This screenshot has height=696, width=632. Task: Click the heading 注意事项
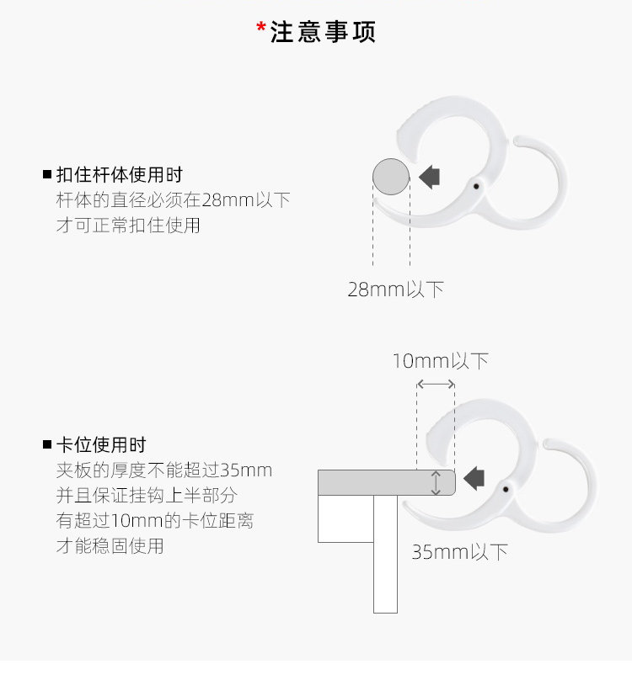coord(323,32)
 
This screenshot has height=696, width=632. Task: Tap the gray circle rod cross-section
coord(391,176)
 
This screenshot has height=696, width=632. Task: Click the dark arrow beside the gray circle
coord(430,176)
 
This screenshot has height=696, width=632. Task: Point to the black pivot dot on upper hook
coord(476,185)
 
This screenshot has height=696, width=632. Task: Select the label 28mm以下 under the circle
coord(395,290)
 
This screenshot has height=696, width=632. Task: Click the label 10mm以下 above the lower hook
coord(440,361)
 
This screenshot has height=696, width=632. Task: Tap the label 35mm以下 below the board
coord(460,552)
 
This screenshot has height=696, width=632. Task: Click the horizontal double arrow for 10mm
coord(436,384)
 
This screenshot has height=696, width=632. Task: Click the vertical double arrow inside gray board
coord(436,483)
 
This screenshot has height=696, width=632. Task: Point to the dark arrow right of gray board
coord(474,478)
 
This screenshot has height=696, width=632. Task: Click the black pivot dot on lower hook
coord(506,488)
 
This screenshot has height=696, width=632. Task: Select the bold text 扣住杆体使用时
coord(119,175)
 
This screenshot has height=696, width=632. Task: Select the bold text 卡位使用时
coord(101,444)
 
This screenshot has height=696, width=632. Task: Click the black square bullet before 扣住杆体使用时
coord(47,175)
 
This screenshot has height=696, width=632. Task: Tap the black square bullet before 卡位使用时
coord(47,444)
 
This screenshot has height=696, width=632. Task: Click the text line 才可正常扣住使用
coord(128,226)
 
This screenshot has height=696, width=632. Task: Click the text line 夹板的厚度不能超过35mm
coord(164,470)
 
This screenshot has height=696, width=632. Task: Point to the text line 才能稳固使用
coord(110,546)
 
